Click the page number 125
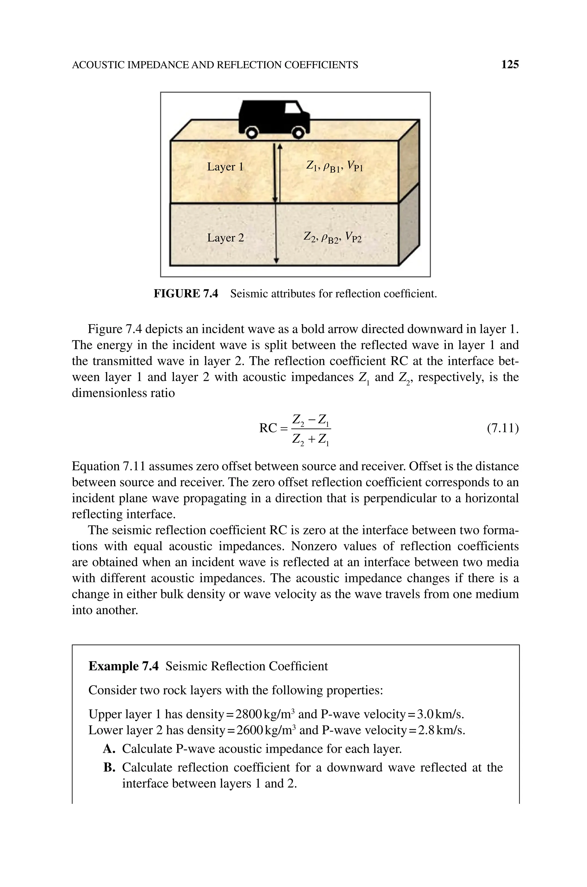click(x=510, y=65)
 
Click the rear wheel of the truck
click(x=252, y=133)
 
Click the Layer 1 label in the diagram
click(x=225, y=167)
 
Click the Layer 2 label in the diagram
click(x=225, y=238)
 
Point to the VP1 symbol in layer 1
click(x=355, y=166)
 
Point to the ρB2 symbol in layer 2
click(x=330, y=238)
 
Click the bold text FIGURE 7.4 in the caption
click(x=186, y=294)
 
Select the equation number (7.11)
click(x=502, y=428)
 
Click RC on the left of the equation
click(x=268, y=428)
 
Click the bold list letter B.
click(x=109, y=767)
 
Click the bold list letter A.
click(x=109, y=749)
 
